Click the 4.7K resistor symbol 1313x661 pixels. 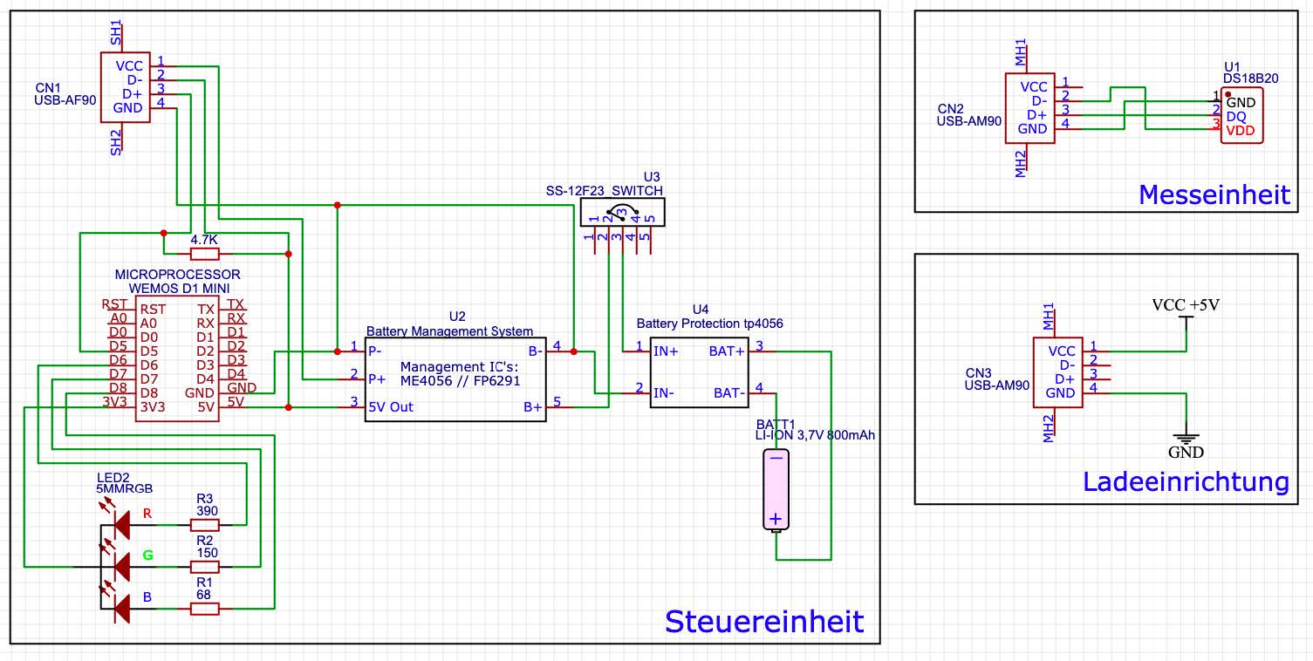pos(204,254)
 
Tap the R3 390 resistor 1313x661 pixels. pos(204,525)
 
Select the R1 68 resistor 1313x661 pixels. pos(204,609)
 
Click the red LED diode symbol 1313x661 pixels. pos(120,524)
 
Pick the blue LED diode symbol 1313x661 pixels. pos(120,608)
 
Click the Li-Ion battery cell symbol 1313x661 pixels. pos(775,489)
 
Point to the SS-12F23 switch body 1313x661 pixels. pos(622,213)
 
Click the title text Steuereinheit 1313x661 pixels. pos(764,622)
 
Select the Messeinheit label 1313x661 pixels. pos(1214,194)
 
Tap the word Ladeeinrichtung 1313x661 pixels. pos(1186,481)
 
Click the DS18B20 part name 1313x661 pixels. pos(1250,78)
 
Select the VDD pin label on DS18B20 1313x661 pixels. pos(1241,131)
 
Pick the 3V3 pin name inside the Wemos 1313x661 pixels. pos(154,407)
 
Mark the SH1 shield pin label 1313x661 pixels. pos(116,36)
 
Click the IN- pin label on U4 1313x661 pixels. pos(665,392)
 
